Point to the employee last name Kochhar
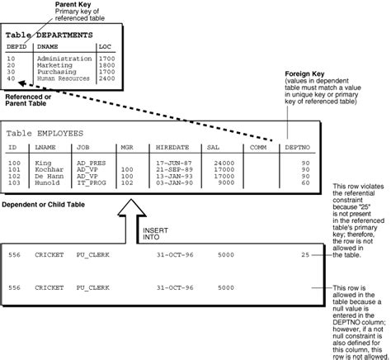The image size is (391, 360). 48,169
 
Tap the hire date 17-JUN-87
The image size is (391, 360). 174,163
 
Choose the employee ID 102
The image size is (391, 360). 14,176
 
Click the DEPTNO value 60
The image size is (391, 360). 306,182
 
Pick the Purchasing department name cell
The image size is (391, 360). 56,71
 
